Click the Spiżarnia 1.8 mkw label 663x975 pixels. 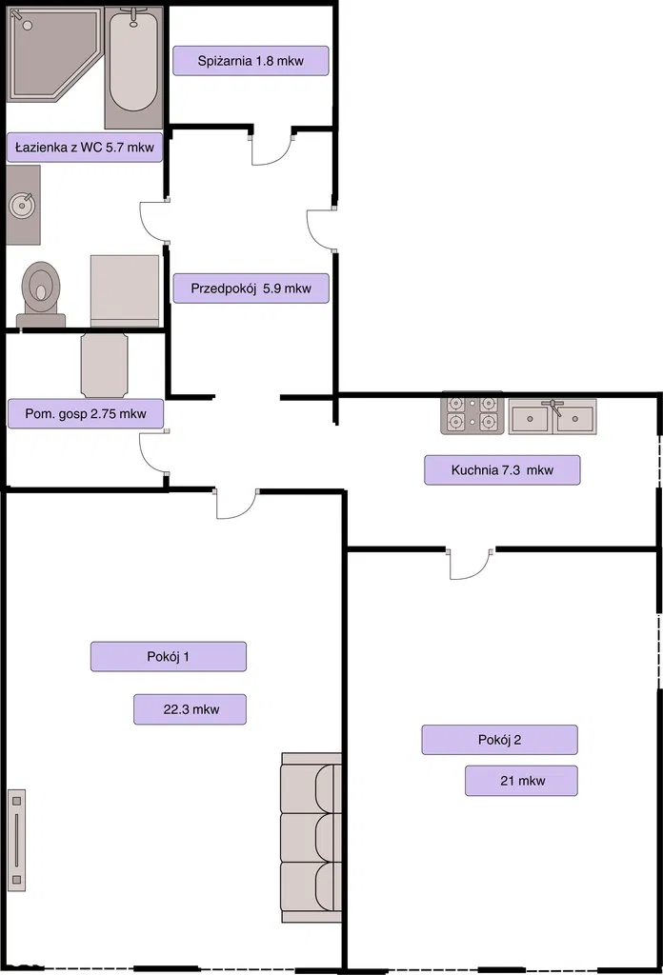[251, 61]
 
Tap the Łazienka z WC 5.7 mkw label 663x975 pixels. [85, 148]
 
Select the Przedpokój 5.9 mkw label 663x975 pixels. [251, 289]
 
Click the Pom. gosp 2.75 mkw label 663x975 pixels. [86, 413]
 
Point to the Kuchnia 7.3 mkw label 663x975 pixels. [503, 470]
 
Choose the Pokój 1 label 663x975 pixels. [169, 657]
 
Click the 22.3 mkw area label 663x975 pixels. [191, 709]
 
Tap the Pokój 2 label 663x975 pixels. [500, 740]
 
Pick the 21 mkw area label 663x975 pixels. [522, 781]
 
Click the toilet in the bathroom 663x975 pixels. [41, 294]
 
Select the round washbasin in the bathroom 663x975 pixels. [24, 205]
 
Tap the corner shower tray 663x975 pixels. [54, 53]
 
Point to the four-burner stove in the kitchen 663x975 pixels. [472, 413]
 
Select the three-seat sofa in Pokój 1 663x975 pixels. [311, 838]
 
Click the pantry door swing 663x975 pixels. [271, 146]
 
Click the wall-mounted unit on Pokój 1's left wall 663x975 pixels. [17, 840]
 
